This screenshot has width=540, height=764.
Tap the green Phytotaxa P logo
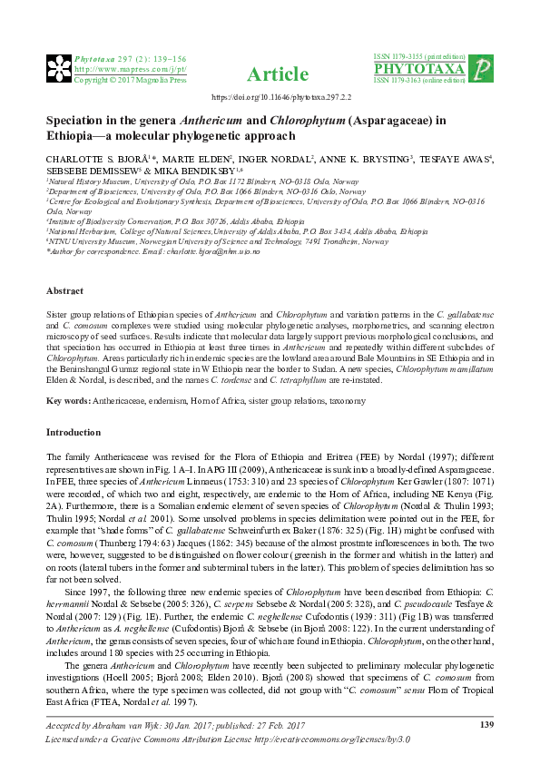(x=484, y=69)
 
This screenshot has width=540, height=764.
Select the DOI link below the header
(x=269, y=96)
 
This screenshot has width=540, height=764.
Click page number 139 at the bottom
(x=486, y=723)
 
